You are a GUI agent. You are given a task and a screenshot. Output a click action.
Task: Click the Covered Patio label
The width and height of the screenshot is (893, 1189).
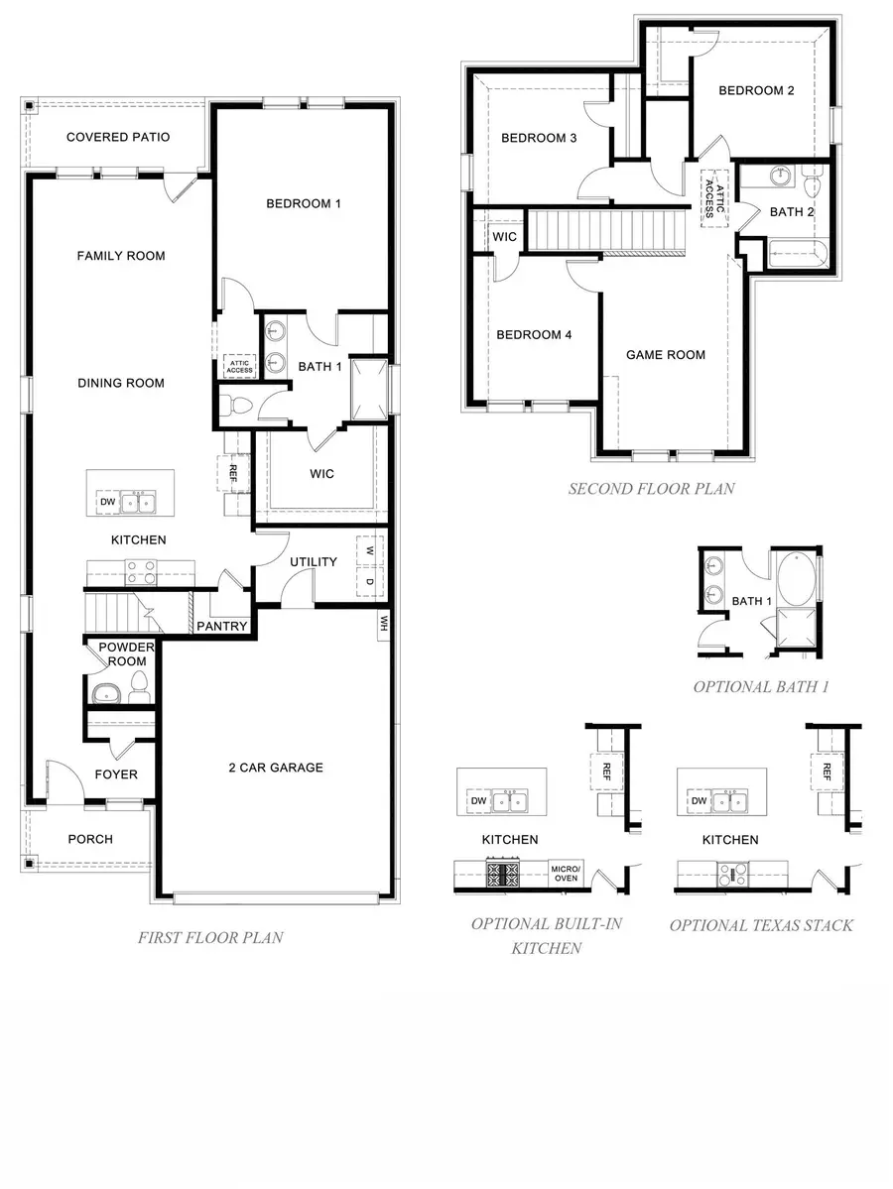click(118, 137)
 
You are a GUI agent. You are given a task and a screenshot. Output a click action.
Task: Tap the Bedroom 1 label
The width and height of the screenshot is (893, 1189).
click(304, 204)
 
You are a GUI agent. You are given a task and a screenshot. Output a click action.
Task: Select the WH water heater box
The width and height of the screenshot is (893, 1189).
click(382, 624)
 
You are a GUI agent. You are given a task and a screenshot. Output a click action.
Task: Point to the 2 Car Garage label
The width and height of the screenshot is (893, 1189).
click(276, 768)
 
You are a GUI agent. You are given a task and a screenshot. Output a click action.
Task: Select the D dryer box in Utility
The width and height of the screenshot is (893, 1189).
click(369, 582)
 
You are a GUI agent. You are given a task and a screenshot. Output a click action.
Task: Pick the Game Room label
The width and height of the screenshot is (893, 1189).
click(666, 355)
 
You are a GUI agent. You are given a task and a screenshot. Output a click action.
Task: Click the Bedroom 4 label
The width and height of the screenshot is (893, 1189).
click(534, 335)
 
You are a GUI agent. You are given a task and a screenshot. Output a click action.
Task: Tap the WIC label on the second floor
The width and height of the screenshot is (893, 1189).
click(504, 237)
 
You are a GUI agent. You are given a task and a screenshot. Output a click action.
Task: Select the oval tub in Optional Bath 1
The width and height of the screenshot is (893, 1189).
click(795, 580)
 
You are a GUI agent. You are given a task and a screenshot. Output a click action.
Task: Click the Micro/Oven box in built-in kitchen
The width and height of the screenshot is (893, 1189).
click(567, 873)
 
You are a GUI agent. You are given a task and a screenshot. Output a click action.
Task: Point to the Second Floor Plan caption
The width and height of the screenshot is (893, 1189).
click(651, 489)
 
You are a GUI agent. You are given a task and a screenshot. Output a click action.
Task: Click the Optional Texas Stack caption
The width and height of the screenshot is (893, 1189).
click(761, 925)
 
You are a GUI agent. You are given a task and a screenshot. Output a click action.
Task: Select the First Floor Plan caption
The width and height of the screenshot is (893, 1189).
click(210, 937)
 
